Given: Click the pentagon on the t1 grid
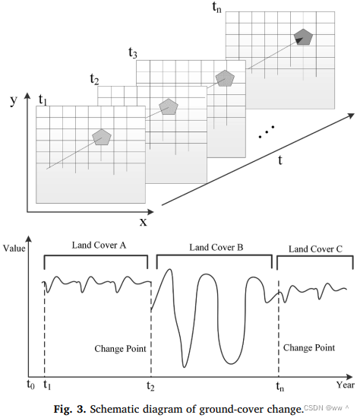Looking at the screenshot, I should point(102,137).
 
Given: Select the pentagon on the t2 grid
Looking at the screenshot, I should point(167,106).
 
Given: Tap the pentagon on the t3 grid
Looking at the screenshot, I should point(224,78).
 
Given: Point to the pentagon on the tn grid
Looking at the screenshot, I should point(304,36).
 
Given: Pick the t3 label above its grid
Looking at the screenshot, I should point(133,53).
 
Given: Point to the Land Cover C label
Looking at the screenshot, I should point(315,249).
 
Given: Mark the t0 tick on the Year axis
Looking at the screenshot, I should point(30,385).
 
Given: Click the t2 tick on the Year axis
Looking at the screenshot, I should point(150,385).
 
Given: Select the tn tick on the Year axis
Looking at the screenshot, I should point(280,385).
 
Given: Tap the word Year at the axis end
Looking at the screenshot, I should point(346,385).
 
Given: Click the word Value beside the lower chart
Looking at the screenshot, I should point(15,249).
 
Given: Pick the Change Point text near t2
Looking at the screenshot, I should point(120,349).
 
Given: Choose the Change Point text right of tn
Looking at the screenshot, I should point(308,348).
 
